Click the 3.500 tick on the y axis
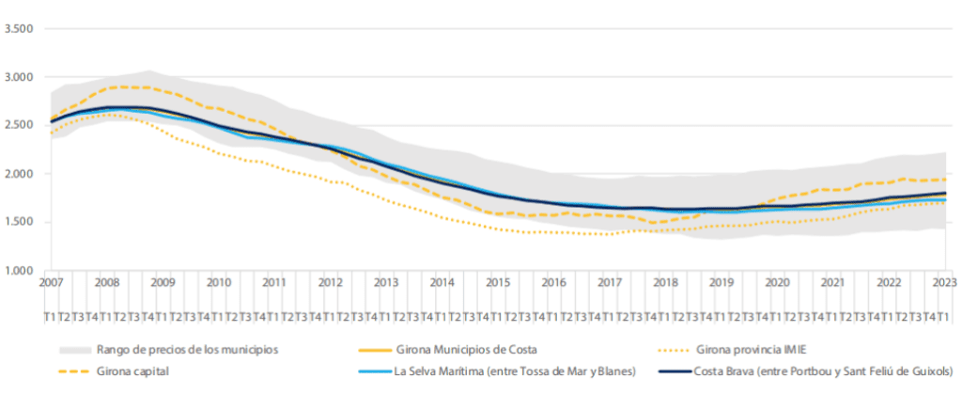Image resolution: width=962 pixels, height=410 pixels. point(19,28)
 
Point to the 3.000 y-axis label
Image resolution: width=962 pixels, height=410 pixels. point(19,77)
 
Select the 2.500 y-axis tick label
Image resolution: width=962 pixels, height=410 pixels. point(19,125)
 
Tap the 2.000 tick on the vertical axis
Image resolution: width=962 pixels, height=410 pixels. point(19,174)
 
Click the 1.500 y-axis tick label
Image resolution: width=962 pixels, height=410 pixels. point(19,223)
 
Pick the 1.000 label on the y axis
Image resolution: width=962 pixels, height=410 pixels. point(19,271)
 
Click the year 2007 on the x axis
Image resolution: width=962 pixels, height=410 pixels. point(51,282)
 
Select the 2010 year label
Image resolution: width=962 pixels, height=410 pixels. point(218,282)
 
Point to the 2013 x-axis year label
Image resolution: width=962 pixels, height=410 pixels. point(386,282)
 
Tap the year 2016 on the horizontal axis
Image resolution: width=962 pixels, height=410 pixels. point(553,282)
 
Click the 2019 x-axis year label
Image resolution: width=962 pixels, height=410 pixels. point(721,282)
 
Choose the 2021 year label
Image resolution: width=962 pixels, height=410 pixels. point(831,282)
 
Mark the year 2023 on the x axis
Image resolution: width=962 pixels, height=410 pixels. point(943,282)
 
